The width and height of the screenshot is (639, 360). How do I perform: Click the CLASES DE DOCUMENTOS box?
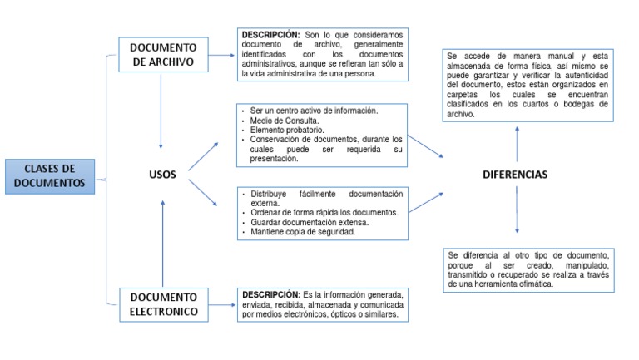point(49,176)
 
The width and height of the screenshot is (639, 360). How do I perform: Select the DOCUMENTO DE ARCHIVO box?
point(164,55)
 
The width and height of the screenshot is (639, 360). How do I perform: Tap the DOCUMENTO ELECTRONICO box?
point(164,304)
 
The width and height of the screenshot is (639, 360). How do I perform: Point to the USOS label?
point(162,175)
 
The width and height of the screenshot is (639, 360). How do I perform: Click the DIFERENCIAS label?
point(515,175)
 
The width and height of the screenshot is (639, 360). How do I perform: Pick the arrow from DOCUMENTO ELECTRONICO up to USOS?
point(163,241)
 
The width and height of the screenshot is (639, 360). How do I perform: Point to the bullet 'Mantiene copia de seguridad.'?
point(303,232)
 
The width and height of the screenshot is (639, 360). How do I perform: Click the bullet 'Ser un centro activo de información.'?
point(314,111)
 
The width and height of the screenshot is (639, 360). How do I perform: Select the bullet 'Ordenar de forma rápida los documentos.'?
point(324,213)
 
